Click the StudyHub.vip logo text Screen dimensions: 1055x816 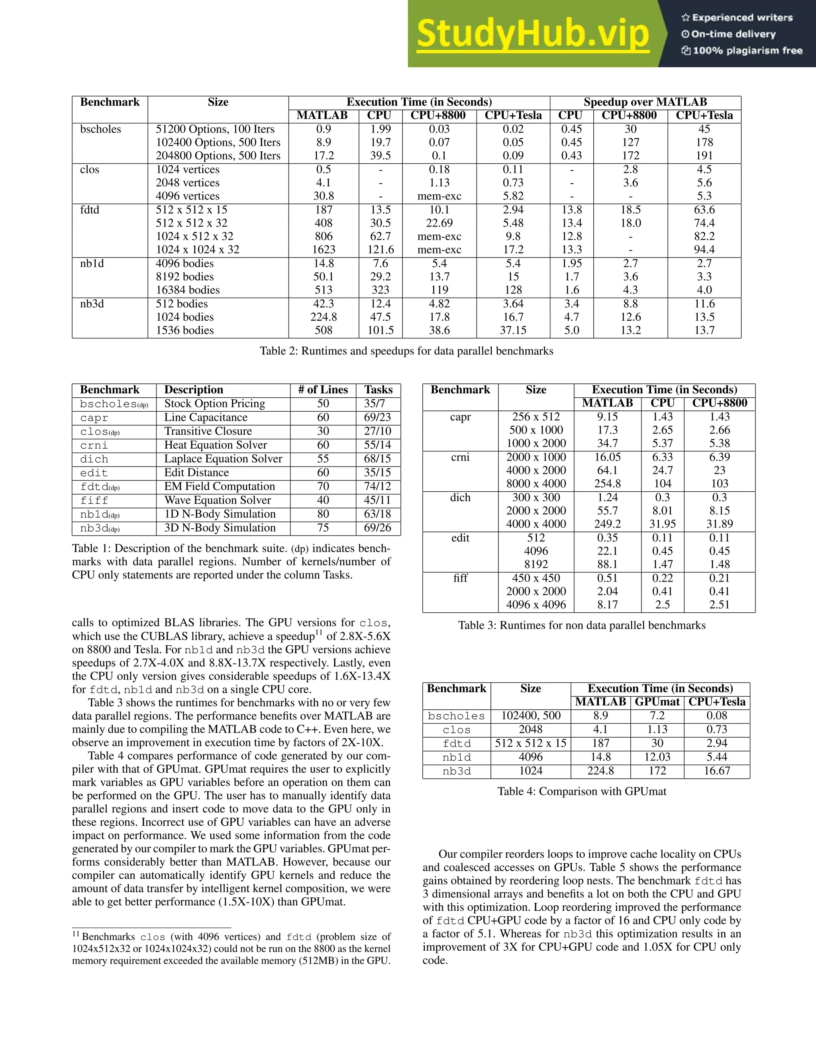point(532,34)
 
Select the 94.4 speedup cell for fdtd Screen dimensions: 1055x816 point(704,250)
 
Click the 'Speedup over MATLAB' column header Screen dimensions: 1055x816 point(645,102)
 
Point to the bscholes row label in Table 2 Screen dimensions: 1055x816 point(100,129)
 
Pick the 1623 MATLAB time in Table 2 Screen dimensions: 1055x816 point(324,250)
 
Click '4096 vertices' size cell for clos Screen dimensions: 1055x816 point(188,196)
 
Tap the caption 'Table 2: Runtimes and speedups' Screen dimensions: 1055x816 point(406,351)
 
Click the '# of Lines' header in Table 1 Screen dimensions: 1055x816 point(323,390)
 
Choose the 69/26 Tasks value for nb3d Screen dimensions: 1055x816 point(378,527)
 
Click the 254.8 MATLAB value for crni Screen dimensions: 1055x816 point(607,484)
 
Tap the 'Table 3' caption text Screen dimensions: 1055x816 point(582,625)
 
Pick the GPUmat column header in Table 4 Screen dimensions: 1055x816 point(657,702)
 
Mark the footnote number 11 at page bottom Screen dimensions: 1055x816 point(76,933)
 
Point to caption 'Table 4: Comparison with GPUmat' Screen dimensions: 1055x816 point(582,791)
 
